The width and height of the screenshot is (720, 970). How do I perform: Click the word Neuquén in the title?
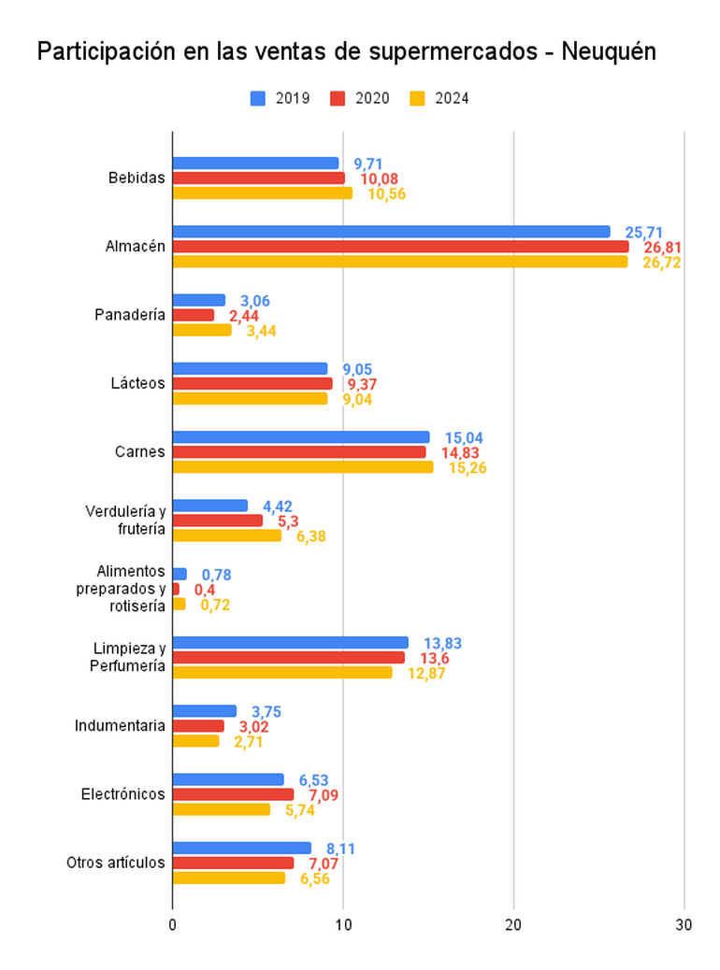608,52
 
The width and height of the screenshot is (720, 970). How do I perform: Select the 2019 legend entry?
281,98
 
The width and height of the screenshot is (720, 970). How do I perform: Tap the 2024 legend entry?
439,98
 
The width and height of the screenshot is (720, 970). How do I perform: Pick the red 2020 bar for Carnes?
299,452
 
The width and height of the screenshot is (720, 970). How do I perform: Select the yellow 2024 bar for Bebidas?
263,193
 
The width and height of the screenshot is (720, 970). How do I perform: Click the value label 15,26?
468,467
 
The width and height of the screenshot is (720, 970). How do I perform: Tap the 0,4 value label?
205,590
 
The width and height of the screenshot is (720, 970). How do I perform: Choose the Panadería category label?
130,315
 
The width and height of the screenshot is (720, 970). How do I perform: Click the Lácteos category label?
137,383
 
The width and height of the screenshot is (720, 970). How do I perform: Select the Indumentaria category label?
121,726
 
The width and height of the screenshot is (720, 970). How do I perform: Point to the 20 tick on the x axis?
513,925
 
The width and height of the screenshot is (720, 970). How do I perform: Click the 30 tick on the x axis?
684,925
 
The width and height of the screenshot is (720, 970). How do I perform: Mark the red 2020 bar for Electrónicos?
233,794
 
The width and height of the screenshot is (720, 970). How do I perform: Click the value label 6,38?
311,536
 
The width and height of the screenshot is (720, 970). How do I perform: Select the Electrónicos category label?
122,794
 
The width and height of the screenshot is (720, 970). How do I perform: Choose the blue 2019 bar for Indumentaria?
205,711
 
